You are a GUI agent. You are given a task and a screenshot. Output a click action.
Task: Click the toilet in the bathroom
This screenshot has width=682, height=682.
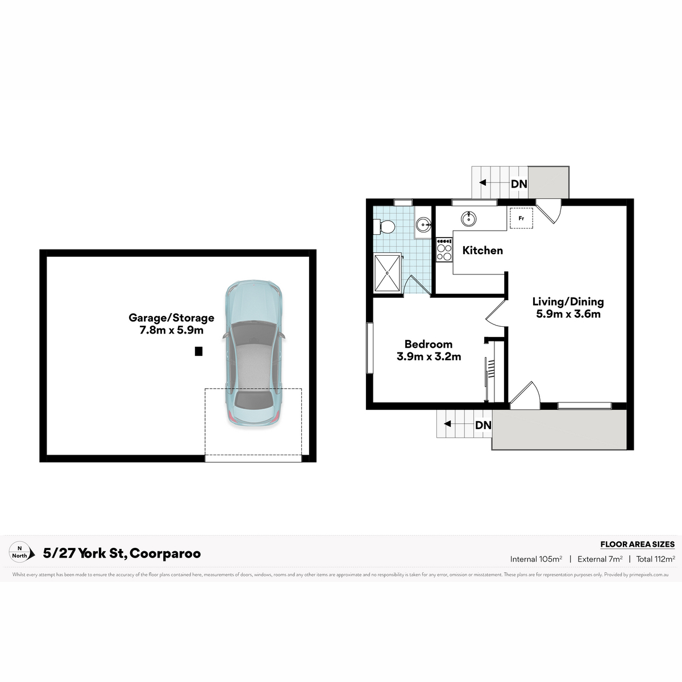[384, 227]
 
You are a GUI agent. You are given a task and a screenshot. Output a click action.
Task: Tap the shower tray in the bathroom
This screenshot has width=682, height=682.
[388, 273]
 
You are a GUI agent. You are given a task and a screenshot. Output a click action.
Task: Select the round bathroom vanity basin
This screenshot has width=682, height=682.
[423, 224]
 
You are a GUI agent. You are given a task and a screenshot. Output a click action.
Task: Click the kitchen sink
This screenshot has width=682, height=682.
[468, 219]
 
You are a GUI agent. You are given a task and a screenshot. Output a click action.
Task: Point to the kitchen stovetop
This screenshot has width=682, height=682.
[444, 249]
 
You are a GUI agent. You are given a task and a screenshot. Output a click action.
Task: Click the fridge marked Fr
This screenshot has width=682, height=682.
[521, 218]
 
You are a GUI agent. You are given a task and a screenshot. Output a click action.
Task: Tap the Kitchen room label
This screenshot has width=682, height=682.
[483, 251]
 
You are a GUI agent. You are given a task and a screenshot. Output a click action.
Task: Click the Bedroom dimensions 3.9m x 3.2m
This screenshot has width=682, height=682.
[429, 356]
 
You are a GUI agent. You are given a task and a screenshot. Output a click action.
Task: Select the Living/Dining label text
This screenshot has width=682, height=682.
[568, 302]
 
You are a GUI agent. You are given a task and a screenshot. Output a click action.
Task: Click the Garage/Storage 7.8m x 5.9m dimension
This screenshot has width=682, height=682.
[171, 330]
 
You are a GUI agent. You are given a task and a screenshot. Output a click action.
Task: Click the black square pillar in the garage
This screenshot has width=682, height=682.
[198, 351]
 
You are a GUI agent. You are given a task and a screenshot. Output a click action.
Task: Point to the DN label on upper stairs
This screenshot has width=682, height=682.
[519, 184]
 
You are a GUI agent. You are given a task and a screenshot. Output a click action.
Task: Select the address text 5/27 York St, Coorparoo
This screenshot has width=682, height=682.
[122, 553]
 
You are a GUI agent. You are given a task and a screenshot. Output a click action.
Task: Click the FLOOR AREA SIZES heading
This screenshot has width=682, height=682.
[638, 544]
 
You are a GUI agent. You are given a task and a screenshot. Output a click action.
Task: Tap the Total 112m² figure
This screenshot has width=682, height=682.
[655, 559]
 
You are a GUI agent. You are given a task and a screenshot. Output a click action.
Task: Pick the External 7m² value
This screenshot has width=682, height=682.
[600, 559]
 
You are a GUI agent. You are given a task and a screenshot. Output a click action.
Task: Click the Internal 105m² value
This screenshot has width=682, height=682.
[536, 559]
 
